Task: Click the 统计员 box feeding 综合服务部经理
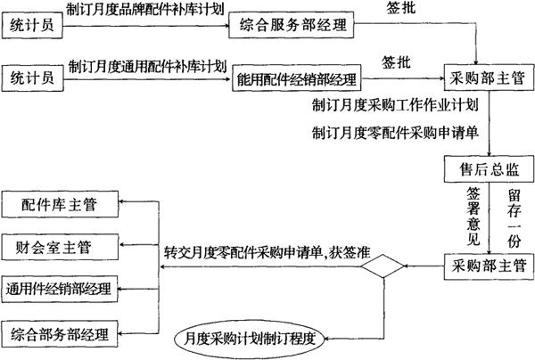[33, 27]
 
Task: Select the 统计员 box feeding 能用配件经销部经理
[33, 78]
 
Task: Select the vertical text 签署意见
[473, 214]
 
